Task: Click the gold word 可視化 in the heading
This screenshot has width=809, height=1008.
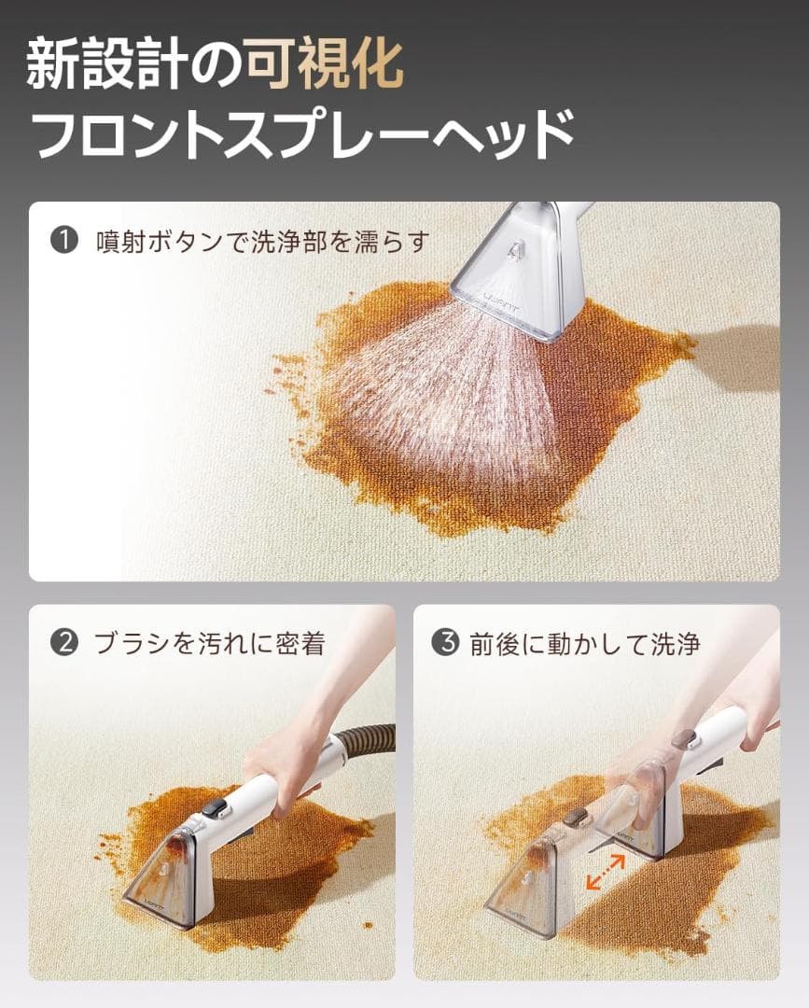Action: pyautogui.click(x=324, y=64)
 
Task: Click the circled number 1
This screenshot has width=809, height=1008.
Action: pyautogui.click(x=63, y=242)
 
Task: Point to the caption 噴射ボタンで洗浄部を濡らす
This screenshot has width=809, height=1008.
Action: pyautogui.click(x=262, y=243)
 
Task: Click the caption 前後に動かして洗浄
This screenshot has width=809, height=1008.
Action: pyautogui.click(x=584, y=644)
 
